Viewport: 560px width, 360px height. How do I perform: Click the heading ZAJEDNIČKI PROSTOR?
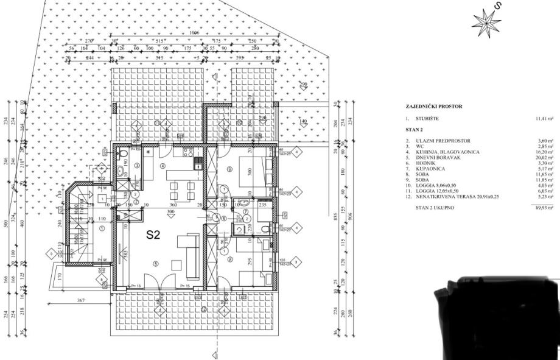(435, 107)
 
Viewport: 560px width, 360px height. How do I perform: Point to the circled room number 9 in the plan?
(229, 169)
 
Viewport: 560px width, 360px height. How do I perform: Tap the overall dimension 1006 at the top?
(195, 32)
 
